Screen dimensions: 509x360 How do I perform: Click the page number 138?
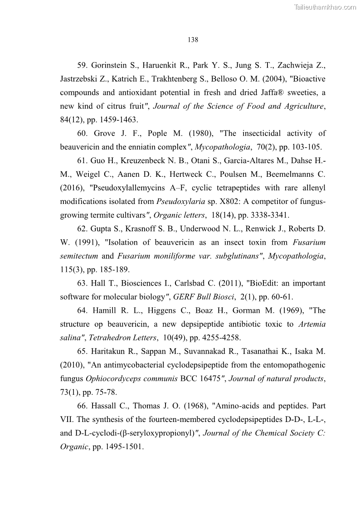(x=193, y=40)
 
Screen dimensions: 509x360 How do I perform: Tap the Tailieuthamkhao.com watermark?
(x=326, y=7)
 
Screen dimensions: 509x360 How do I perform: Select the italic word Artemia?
(x=312, y=324)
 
